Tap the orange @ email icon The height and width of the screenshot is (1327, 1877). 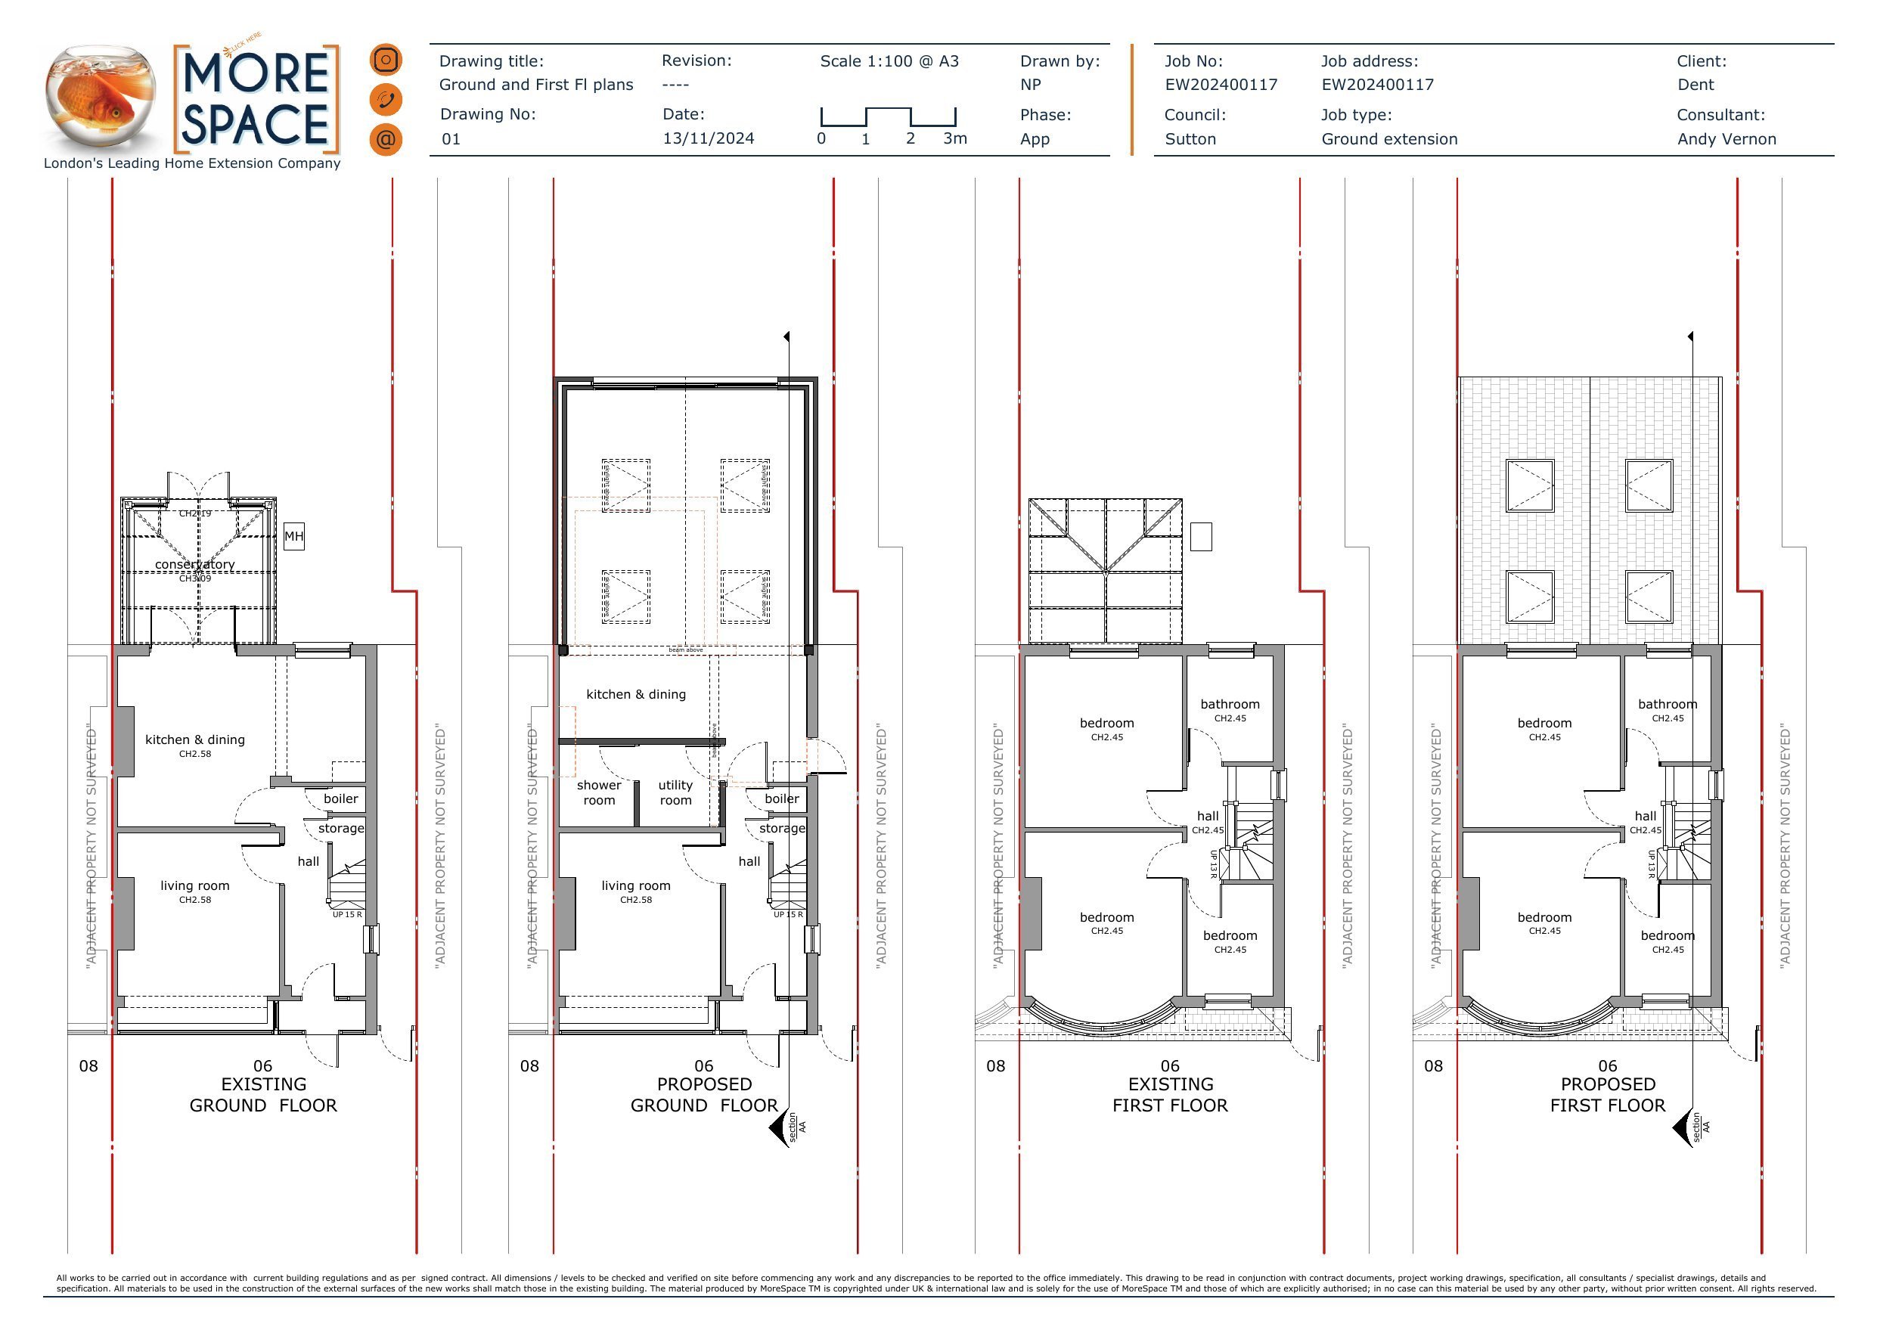point(385,139)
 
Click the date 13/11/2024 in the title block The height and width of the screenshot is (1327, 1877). point(708,138)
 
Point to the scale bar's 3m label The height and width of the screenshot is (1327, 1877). point(955,138)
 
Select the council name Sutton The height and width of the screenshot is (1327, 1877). point(1190,139)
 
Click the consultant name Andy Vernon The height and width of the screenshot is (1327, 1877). point(1726,139)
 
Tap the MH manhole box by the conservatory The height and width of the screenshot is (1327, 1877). point(293,536)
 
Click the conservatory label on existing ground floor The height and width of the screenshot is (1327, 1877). point(194,564)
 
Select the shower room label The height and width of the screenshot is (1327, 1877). point(598,792)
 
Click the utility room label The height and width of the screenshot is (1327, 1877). point(675,792)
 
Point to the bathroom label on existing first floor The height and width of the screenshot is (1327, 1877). point(1230,704)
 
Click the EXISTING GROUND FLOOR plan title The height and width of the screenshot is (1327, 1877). point(263,1094)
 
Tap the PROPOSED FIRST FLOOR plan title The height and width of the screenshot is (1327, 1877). point(1607,1094)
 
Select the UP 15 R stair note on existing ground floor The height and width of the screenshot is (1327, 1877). point(346,914)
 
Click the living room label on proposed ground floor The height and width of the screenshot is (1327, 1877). point(635,885)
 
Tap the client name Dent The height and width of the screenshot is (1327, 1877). point(1696,85)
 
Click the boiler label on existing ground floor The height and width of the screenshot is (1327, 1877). point(340,798)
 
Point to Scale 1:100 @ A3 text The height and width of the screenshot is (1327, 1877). point(889,61)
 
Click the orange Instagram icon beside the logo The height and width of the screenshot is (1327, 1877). point(385,60)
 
